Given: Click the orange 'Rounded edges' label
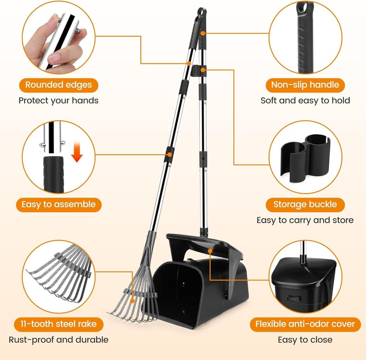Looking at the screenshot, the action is click(59, 85).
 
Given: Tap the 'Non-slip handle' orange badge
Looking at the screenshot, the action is click(305, 85).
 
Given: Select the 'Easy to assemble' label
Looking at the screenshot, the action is click(59, 204).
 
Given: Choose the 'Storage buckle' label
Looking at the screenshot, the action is click(305, 204).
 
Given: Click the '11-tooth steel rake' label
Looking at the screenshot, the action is click(59, 324).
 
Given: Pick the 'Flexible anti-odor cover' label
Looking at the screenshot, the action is click(305, 324).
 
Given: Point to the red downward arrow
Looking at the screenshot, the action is click(77, 152).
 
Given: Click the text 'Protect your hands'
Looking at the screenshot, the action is click(59, 101).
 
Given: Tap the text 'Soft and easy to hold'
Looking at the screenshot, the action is click(305, 101).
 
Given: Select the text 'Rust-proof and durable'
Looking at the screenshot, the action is click(59, 340).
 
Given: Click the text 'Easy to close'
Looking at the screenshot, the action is click(305, 340).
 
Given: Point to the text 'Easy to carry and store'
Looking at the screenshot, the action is click(305, 220).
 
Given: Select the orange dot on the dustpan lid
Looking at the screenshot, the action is click(210, 251).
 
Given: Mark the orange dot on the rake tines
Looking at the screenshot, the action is click(132, 301).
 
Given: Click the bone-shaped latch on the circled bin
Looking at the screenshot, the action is click(293, 298).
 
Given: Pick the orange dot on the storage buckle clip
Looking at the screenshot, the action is click(203, 70).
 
